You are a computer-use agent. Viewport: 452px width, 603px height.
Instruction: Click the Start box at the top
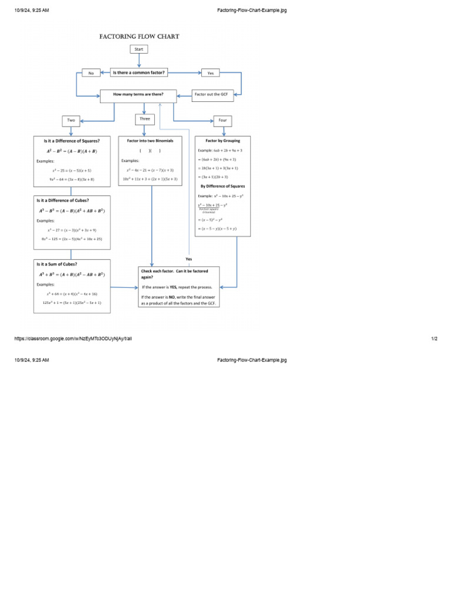pos(139,49)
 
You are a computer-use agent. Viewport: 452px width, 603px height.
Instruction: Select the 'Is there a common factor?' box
pos(139,72)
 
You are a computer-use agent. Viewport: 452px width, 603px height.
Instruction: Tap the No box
pos(91,73)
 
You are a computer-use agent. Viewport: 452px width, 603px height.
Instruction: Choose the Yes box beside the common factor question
pos(210,73)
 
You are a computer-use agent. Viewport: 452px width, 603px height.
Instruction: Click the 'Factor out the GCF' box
pos(211,94)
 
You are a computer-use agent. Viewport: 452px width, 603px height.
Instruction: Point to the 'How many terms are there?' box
pos(139,94)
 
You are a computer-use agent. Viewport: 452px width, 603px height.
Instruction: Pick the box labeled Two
pos(71,120)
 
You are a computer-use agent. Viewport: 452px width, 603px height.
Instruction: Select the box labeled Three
pos(144,119)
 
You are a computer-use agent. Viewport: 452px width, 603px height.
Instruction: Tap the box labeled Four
pos(222,120)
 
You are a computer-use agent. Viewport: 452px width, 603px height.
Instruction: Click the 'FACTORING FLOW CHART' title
pos(139,37)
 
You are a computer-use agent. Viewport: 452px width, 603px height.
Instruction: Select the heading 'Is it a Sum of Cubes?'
pos(57,264)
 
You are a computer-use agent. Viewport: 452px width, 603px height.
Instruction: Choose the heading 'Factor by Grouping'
pos(222,141)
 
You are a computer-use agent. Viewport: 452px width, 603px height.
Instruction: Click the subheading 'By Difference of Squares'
pos(222,185)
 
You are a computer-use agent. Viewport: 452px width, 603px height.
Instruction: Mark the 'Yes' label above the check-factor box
pos(189,259)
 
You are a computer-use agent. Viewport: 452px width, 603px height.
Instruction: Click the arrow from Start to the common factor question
pos(139,60)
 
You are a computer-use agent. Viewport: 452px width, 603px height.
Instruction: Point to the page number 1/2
pos(434,339)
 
